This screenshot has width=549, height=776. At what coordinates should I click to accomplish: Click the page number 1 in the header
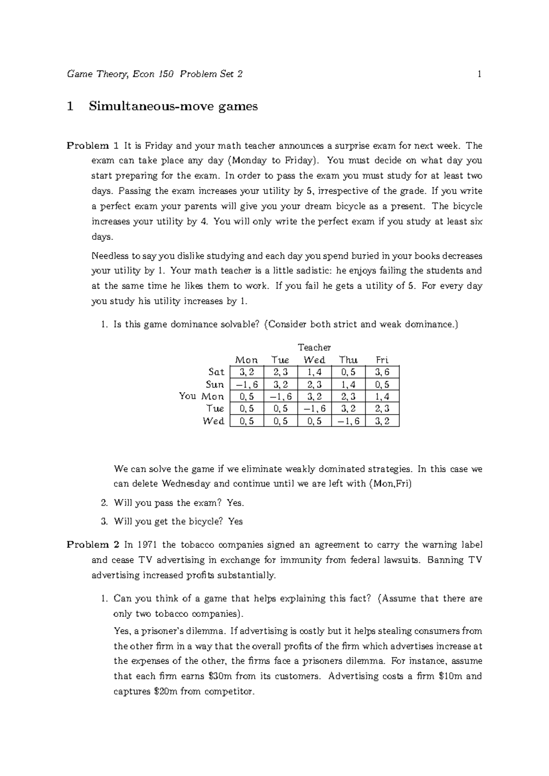(479, 74)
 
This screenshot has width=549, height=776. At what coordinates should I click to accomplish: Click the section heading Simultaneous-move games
(173, 107)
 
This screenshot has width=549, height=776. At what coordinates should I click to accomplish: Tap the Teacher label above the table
(314, 347)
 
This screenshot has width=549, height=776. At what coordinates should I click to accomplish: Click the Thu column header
(348, 360)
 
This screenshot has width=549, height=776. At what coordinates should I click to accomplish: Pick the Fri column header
(382, 360)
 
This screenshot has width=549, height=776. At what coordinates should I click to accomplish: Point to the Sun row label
(215, 384)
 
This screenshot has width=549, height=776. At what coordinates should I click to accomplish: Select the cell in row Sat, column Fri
(382, 372)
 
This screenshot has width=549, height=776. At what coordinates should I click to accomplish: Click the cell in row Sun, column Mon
(247, 384)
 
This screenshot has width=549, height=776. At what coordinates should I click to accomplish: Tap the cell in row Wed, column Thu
(348, 421)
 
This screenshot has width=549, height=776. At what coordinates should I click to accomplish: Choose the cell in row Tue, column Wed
(314, 409)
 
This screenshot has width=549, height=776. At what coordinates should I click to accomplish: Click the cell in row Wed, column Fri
(382, 421)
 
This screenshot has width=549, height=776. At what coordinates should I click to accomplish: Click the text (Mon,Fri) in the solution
(390, 484)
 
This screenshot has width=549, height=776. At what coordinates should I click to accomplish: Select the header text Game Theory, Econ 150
(120, 74)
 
